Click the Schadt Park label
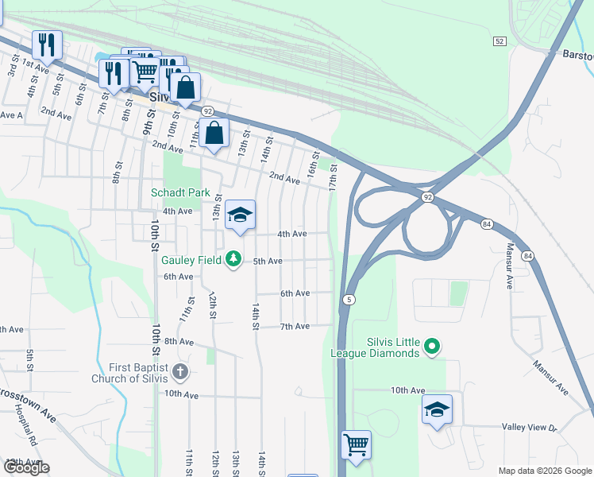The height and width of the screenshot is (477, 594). coord(181,192)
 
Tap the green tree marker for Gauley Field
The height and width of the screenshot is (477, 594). coord(233,260)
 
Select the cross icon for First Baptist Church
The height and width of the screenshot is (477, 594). coord(181,371)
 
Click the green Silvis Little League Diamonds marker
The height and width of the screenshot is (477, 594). coord(431,346)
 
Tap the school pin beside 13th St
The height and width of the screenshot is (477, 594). coord(240,215)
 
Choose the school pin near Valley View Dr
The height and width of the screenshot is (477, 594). coord(437,410)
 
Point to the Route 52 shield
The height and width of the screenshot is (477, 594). coord(499,41)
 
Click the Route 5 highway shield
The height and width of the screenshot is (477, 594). coord(349,300)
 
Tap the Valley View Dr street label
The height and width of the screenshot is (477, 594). coord(530,427)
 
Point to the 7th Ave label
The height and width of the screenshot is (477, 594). coord(295,327)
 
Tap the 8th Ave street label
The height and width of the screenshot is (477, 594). coord(179,342)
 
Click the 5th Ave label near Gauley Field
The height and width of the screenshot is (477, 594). coord(268,261)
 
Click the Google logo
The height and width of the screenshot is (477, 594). coord(26,467)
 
